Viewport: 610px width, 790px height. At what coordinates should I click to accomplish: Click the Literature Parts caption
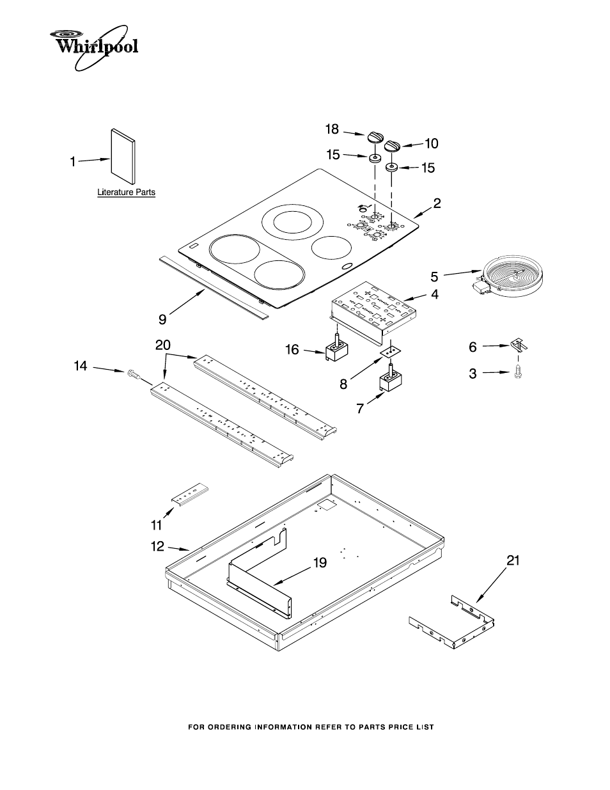126,192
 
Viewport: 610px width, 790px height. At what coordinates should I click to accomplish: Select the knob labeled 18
375,138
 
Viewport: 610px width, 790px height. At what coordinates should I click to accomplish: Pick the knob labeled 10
391,146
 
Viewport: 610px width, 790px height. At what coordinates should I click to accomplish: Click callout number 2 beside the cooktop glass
437,203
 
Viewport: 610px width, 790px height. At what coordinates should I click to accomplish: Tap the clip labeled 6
520,346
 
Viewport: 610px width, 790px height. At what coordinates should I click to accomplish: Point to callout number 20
163,345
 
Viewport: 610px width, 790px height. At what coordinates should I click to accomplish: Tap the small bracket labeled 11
190,496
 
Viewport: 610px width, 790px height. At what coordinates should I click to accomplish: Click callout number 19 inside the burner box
320,563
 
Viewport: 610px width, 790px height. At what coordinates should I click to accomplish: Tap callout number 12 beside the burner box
157,546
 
